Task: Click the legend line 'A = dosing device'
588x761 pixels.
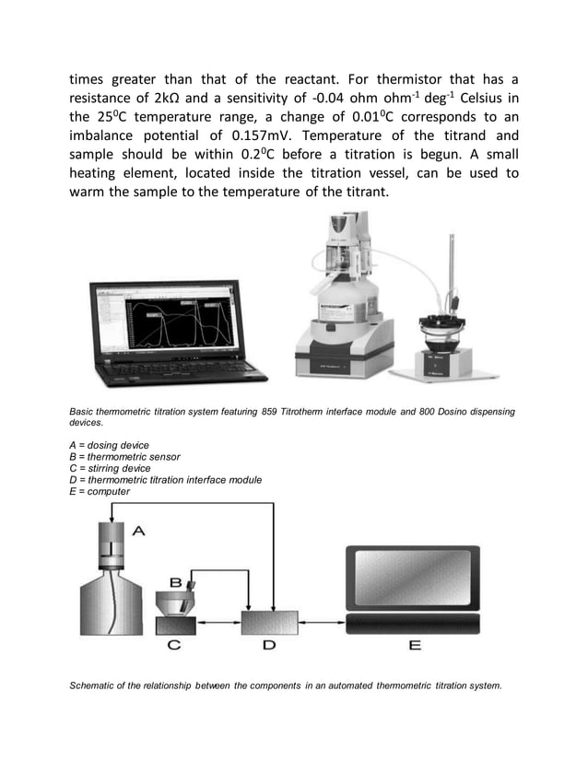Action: [109, 445]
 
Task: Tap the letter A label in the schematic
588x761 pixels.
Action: [139, 530]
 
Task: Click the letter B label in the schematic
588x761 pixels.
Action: [175, 582]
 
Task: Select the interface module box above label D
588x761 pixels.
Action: [268, 622]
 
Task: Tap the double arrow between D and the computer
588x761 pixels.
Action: [323, 624]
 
